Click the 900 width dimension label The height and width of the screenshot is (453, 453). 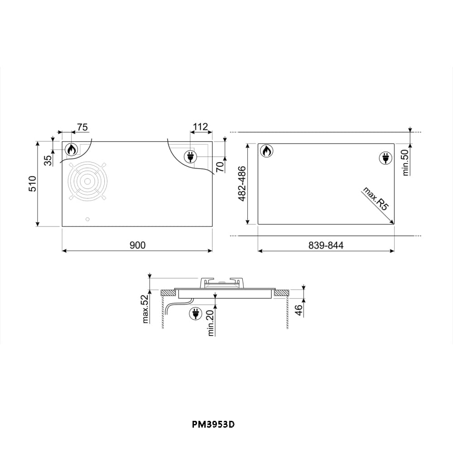137,245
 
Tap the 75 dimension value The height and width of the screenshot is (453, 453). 82,127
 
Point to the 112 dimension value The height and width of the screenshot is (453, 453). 200,127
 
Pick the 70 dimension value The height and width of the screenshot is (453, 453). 220,166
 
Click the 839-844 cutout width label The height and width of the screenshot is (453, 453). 326,245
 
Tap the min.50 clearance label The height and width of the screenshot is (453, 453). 405,162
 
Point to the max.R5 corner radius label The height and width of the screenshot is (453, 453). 376,199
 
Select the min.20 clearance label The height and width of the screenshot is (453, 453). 211,322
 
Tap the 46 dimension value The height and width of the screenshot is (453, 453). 299,310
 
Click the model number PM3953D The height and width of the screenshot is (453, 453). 213,424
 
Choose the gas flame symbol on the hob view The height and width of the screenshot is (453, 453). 72,149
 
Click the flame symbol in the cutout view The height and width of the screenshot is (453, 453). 267,151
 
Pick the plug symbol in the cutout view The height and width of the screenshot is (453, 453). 386,158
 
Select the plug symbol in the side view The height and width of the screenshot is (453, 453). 196,313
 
